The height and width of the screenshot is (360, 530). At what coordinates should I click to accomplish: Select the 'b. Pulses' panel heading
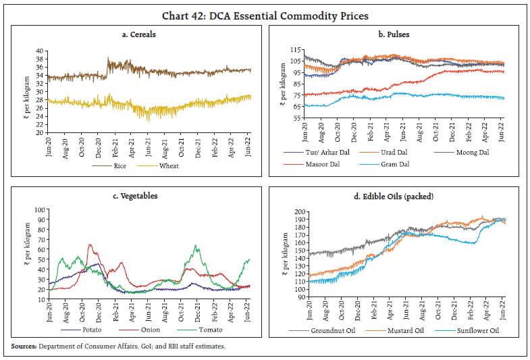click(396, 34)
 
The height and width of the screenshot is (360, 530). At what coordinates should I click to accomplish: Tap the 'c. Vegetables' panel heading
click(137, 196)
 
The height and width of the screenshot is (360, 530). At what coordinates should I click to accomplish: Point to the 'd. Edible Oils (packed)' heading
click(396, 196)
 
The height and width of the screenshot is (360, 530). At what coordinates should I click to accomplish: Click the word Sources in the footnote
click(23, 346)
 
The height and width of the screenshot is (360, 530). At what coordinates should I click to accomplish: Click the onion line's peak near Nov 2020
click(90, 245)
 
